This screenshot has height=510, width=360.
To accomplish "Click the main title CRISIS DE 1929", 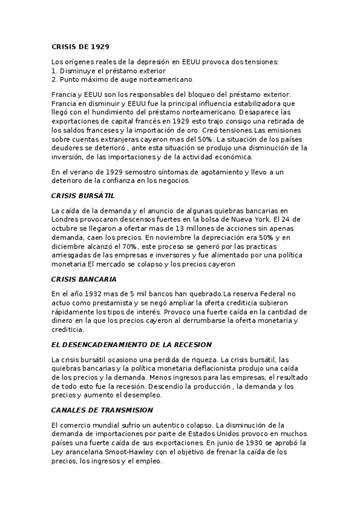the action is pyautogui.click(x=80, y=46).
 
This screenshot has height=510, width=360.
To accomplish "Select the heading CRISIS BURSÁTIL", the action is pyautogui.click(x=83, y=195).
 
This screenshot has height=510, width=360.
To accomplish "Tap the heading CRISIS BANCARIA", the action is pyautogui.click(x=84, y=279).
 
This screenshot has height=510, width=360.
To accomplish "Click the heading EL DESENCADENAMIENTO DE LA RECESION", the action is pyautogui.click(x=132, y=345).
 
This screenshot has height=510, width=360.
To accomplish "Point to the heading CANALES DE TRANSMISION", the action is pyautogui.click(x=102, y=410).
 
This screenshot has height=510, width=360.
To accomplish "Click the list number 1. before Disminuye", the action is pyautogui.click(x=54, y=70).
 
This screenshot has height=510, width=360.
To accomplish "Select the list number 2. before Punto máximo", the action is pyautogui.click(x=54, y=79).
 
